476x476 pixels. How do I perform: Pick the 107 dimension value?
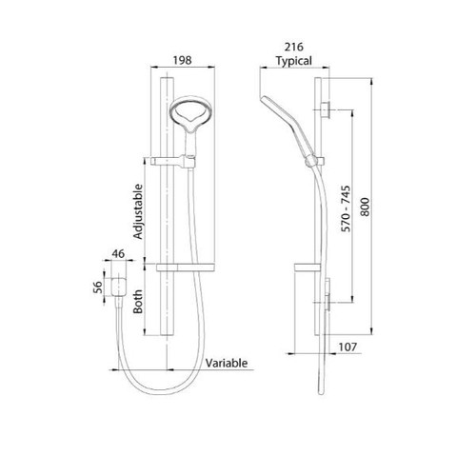(x=347, y=348)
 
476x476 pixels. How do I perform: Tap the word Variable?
(x=227, y=364)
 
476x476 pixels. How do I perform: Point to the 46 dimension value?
(x=118, y=253)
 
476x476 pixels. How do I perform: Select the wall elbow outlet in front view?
(x=119, y=286)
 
